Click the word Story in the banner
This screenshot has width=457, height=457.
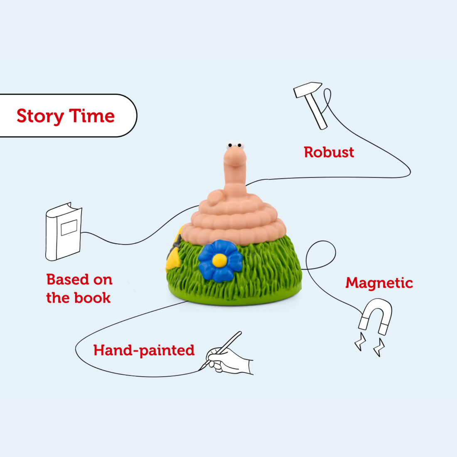[40, 116]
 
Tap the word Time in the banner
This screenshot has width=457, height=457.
[92, 116]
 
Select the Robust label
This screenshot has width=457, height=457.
[329, 152]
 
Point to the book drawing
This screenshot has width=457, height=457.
[63, 231]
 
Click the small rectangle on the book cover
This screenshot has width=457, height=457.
[69, 228]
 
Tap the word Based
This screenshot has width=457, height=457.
[67, 279]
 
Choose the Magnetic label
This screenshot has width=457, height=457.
[379, 283]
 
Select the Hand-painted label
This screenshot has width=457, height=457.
[144, 350]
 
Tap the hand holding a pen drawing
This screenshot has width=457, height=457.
[228, 357]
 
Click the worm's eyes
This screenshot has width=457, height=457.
[235, 145]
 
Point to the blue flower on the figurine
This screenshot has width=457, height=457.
[219, 261]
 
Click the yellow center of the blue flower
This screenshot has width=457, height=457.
[219, 260]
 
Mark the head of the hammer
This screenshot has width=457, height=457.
[308, 89]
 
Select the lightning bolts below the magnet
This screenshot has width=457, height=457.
[369, 344]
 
